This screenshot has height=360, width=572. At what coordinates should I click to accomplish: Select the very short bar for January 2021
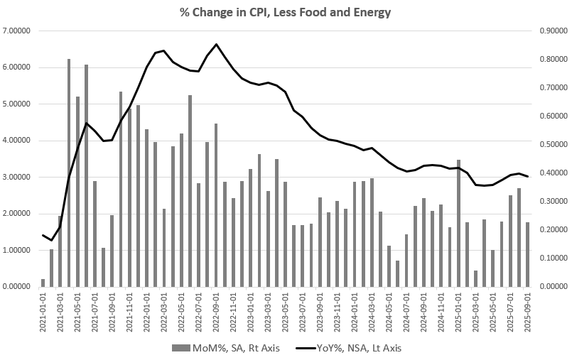(x=43, y=283)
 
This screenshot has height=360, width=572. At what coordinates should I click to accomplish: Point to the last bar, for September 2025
(x=527, y=254)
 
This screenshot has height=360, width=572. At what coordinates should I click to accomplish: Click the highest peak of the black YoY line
(x=216, y=44)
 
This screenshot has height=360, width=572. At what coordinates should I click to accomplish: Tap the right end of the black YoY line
(x=527, y=177)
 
